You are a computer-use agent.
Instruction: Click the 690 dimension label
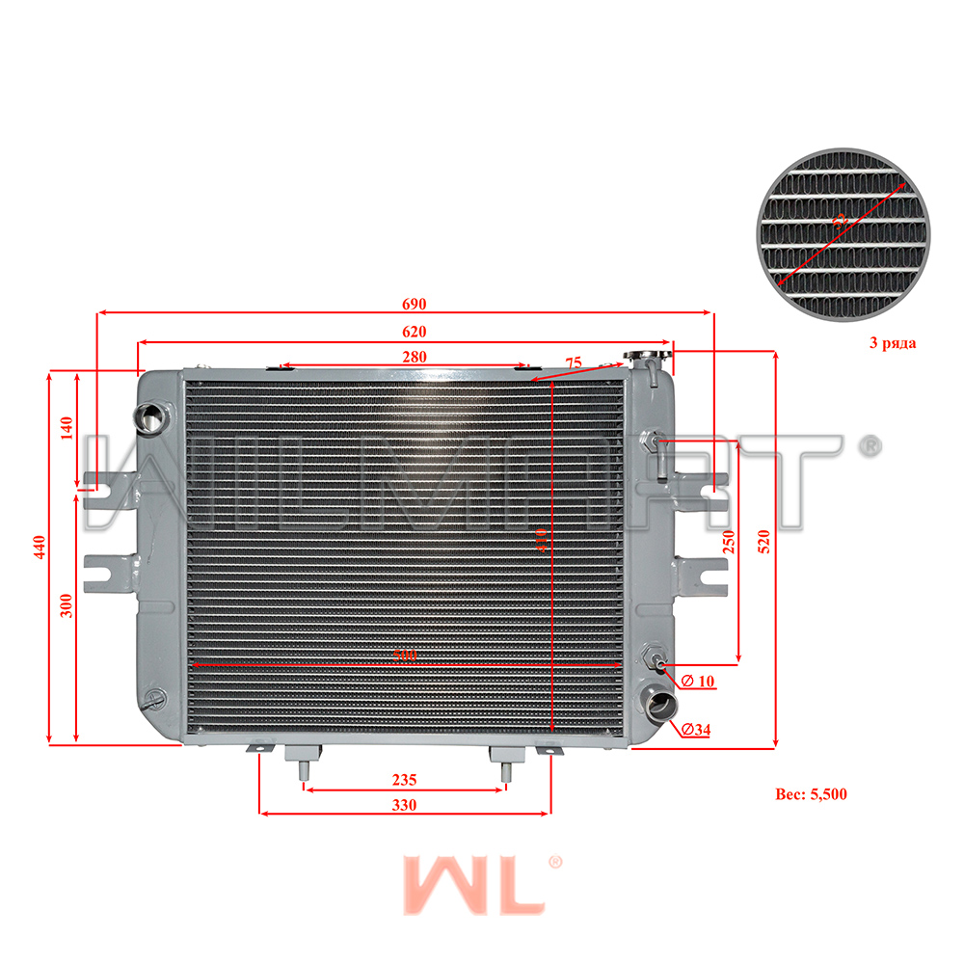(414, 304)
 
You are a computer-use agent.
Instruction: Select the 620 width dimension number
(414, 332)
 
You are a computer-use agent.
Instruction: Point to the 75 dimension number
(574, 363)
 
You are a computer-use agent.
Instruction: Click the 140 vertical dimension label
(67, 427)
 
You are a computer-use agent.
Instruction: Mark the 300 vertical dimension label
(67, 604)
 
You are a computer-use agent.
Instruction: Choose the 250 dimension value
(730, 543)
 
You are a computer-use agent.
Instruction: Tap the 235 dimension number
(404, 780)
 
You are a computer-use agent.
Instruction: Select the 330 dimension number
(404, 805)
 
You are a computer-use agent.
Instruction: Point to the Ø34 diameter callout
(695, 730)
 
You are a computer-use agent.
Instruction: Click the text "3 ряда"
(893, 342)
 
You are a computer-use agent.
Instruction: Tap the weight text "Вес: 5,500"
(811, 795)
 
